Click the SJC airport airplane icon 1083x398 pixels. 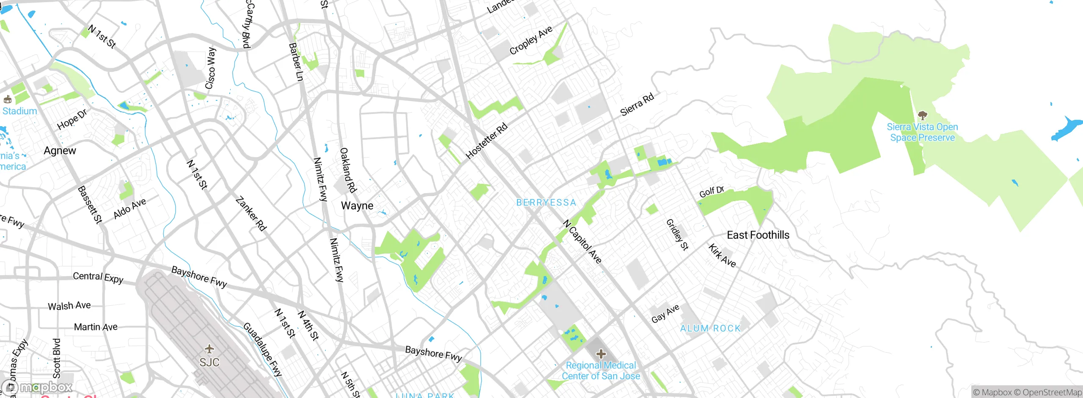[x=209, y=349]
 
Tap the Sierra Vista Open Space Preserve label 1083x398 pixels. [x=922, y=132]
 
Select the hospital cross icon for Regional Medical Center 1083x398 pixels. [x=601, y=354]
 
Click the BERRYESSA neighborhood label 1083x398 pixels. [x=546, y=202]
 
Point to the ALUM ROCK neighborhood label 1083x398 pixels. [x=710, y=328]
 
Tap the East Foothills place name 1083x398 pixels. [x=758, y=235]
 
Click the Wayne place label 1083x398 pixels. [x=357, y=206]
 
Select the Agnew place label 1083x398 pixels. [x=60, y=151]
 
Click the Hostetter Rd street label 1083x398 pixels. [x=486, y=141]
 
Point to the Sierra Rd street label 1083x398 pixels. [x=637, y=105]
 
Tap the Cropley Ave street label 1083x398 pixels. [x=531, y=40]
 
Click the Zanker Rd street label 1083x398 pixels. [x=251, y=214]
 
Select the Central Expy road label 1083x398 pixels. [x=98, y=277]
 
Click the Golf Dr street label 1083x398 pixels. [x=711, y=192]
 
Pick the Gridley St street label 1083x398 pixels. [x=677, y=235]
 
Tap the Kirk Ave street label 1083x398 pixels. [x=722, y=255]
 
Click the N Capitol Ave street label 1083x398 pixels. [x=582, y=242]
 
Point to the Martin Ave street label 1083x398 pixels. [x=96, y=327]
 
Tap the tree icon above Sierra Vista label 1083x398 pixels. [x=922, y=115]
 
